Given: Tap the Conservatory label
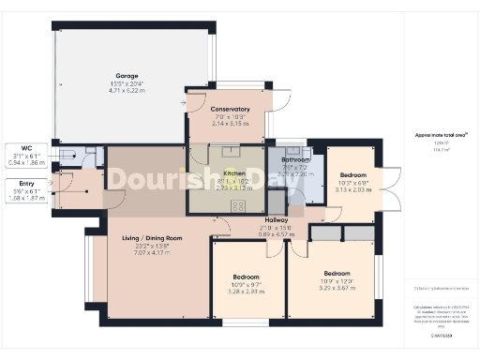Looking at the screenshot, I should click(x=231, y=109).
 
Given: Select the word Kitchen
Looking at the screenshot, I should click(x=234, y=173).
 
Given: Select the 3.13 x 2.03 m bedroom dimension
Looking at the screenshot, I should click(x=353, y=188).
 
